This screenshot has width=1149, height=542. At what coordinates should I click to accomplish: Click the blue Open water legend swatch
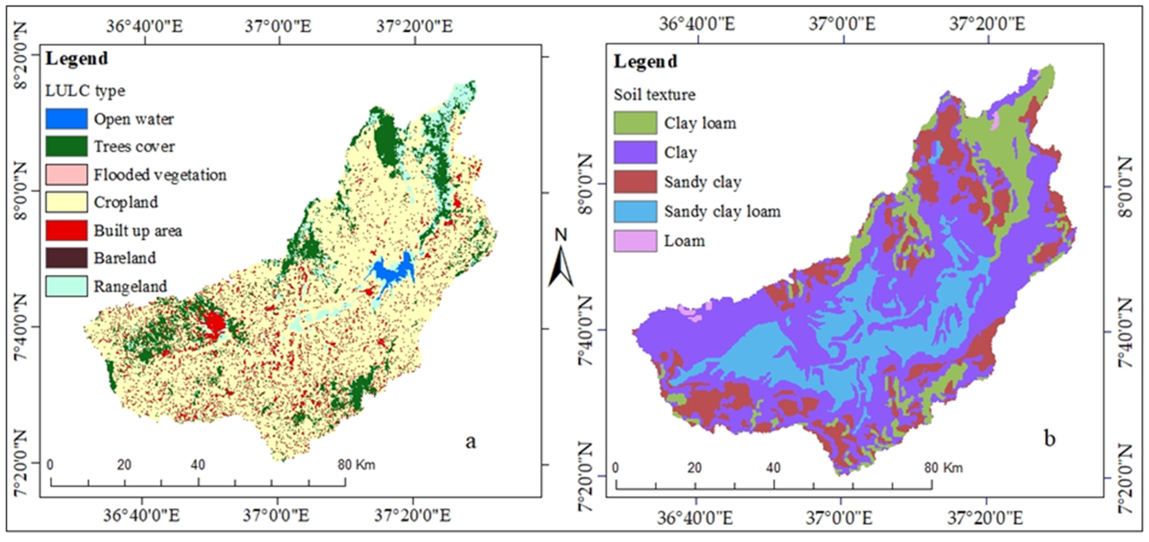[66, 119]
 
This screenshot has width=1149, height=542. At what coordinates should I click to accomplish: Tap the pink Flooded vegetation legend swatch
[66, 175]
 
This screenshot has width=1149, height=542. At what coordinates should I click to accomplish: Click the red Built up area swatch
[66, 230]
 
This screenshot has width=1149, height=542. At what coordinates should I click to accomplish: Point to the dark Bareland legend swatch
[66, 258]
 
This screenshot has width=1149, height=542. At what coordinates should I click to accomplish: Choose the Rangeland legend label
[130, 286]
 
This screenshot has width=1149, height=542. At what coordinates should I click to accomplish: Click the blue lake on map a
[389, 273]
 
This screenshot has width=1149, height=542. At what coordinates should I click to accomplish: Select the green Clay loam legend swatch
[635, 123]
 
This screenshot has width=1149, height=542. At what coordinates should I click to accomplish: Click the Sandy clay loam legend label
[722, 211]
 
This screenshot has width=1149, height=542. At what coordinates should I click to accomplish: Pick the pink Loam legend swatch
[635, 241]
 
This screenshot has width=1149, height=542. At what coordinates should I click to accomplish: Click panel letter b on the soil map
[1050, 439]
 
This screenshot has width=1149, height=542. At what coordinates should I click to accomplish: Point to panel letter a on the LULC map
[471, 442]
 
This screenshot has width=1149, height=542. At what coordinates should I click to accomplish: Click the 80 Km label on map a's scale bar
[356, 465]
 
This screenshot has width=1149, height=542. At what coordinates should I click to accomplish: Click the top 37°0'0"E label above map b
[842, 24]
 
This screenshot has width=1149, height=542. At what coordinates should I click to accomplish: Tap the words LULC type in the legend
[85, 91]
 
